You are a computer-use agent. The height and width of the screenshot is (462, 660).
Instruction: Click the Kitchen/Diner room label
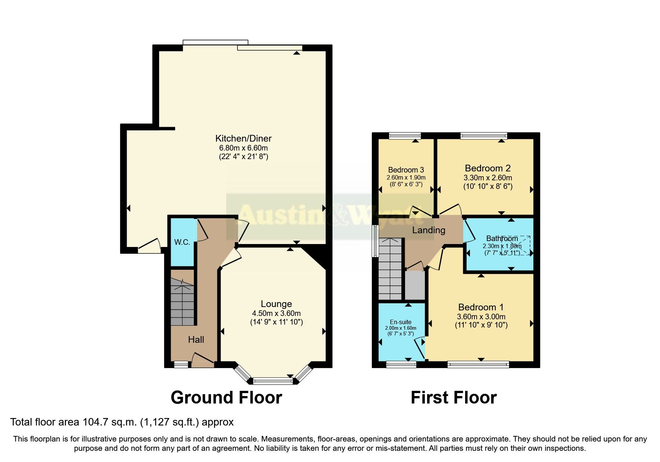click(x=243, y=138)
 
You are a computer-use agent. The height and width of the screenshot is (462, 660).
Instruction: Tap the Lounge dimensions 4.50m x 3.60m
click(x=276, y=313)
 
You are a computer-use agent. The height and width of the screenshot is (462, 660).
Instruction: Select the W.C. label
click(x=182, y=242)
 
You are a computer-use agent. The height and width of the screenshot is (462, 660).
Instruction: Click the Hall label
click(x=196, y=339)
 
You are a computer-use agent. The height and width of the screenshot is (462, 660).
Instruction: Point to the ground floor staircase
click(x=182, y=302)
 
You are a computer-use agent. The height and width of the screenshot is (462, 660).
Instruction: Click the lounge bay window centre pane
click(x=273, y=381)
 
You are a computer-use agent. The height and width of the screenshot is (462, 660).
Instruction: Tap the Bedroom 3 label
click(x=406, y=170)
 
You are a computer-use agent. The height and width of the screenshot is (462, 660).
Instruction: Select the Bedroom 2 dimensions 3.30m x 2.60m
click(x=487, y=178)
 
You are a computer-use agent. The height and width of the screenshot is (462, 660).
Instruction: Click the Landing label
click(x=429, y=230)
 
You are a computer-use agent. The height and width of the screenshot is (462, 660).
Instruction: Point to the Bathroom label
click(x=502, y=238)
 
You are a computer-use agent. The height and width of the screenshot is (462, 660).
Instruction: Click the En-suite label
click(x=401, y=322)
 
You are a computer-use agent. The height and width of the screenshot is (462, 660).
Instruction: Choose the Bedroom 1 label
click(x=481, y=307)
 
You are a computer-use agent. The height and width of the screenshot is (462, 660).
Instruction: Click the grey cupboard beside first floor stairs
click(x=415, y=285)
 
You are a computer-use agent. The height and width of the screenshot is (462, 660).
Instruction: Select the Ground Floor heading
click(x=226, y=398)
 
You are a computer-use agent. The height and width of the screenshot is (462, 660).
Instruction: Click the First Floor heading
click(x=454, y=398)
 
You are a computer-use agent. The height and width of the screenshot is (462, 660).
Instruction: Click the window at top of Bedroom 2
click(x=484, y=136)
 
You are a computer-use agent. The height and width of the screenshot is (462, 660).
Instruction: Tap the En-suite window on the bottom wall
click(x=401, y=364)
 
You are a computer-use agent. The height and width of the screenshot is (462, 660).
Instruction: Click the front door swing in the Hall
click(x=202, y=359)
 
